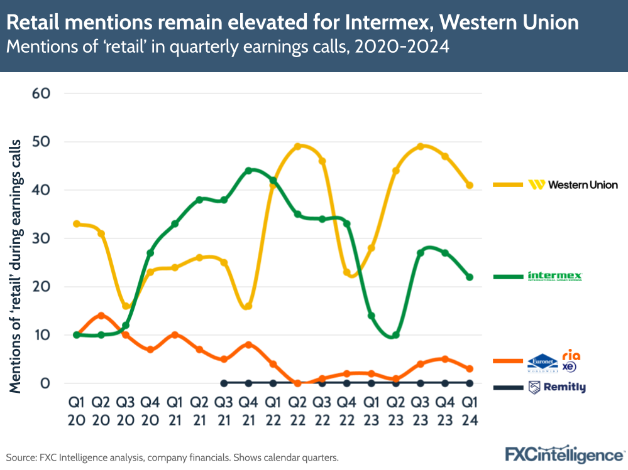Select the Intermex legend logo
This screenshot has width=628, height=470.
pos(555,276)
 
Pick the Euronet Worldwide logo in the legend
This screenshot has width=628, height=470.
pos(542,363)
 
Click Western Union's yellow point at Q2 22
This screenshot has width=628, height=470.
pos(297,147)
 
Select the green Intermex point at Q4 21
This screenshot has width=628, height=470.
pos(248,171)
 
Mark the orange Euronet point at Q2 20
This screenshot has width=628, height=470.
pos(101,316)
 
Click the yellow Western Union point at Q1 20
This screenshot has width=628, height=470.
pos(76,224)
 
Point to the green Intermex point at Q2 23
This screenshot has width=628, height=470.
pos(395,334)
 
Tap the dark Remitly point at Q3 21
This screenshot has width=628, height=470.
pos(224,383)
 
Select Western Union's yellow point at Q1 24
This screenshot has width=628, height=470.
pos(469,185)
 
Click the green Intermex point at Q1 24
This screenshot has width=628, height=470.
pos(469,277)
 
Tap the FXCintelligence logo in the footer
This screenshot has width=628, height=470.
pos(565,454)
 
